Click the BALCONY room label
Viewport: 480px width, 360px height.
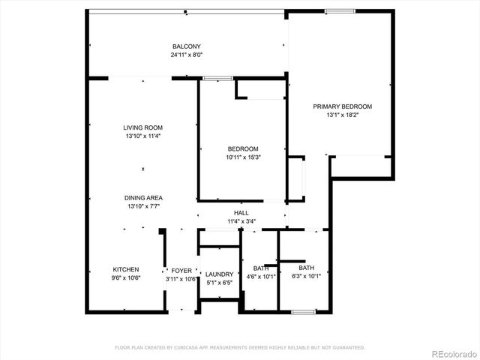click(187, 46)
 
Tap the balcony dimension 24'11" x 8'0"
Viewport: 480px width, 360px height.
click(187, 55)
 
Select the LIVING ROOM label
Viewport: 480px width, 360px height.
click(143, 127)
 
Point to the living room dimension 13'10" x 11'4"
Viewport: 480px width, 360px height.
click(143, 136)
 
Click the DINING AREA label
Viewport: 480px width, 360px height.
click(143, 198)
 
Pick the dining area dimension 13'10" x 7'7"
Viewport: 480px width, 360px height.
click(143, 206)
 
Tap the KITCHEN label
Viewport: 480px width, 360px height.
click(126, 269)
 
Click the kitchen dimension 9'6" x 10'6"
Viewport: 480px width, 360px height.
click(126, 278)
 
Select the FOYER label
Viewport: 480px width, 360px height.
click(181, 270)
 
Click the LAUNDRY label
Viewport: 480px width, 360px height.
click(220, 274)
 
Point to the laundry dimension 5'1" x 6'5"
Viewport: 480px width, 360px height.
click(220, 283)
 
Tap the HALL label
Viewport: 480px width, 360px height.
click(241, 213)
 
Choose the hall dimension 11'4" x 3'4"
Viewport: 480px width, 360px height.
click(241, 221)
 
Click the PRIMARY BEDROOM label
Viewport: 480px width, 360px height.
click(342, 106)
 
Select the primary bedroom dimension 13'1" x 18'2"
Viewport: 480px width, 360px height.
click(342, 115)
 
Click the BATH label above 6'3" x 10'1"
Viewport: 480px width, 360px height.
click(307, 268)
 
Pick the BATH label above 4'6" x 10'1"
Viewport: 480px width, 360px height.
click(261, 268)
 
